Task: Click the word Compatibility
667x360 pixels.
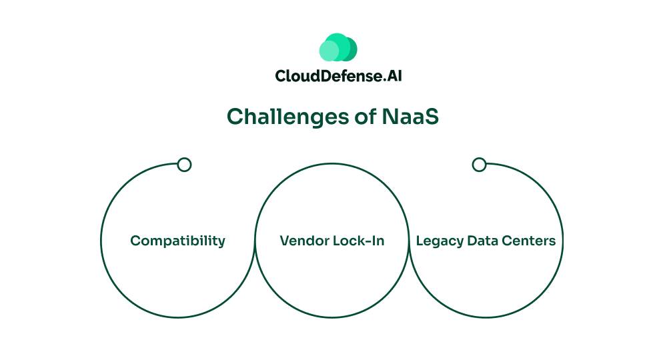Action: point(177,241)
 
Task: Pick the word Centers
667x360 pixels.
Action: point(530,241)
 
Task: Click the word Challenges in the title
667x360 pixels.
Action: point(287,117)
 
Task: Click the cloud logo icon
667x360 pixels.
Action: point(338,48)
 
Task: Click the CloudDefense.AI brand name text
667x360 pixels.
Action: point(338,75)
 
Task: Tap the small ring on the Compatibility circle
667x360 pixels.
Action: point(185,165)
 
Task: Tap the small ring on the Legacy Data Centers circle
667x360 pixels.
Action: point(479,165)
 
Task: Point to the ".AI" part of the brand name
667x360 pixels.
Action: point(392,75)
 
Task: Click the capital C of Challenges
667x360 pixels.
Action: point(235,117)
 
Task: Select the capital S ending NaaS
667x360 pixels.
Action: point(432,117)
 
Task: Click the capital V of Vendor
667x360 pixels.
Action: point(284,241)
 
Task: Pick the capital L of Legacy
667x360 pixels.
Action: point(420,241)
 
